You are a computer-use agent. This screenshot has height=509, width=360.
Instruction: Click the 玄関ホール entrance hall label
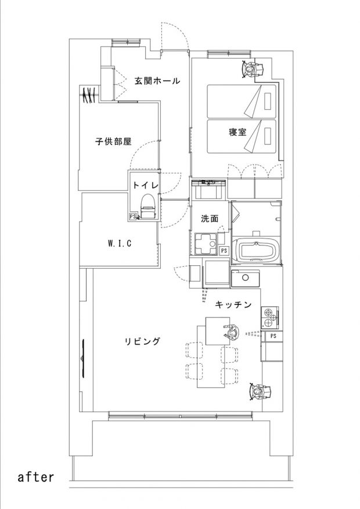click(157, 81)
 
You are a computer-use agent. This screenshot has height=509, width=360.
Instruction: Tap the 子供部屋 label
click(113, 142)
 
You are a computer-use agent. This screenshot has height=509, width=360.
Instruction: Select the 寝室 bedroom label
click(237, 132)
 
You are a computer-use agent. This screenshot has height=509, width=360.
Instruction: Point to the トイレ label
click(146, 185)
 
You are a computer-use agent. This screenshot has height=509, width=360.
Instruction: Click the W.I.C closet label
click(120, 243)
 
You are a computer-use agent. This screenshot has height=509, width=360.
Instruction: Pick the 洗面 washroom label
click(210, 219)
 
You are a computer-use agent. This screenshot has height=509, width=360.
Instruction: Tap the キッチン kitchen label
click(233, 305)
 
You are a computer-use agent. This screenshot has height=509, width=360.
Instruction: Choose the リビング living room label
click(142, 341)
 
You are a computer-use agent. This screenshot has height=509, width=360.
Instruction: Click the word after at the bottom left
click(35, 477)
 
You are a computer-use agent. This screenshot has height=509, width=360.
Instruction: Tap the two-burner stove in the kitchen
click(270, 317)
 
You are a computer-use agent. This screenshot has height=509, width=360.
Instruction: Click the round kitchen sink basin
click(246, 277)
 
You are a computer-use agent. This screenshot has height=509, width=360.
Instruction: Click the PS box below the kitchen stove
click(273, 336)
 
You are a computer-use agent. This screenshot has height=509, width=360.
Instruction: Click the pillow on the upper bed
click(268, 102)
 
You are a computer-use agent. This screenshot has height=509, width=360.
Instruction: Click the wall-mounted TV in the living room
click(83, 358)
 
